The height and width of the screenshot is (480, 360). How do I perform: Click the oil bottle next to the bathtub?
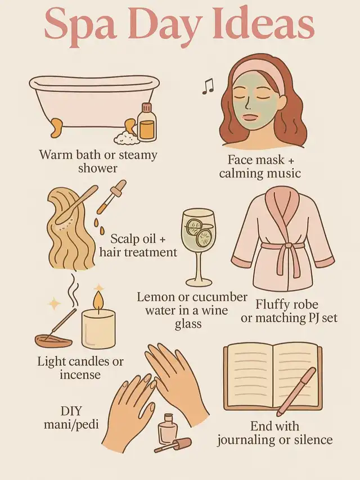(x=147, y=122)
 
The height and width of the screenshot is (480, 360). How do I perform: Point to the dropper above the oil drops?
(x=111, y=197)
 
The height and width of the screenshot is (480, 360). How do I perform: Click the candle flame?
(x=98, y=300)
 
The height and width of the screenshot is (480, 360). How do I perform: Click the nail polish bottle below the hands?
(x=167, y=428)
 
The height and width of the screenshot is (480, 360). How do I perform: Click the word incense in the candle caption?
(x=80, y=375)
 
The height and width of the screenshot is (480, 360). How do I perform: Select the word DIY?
(x=71, y=411)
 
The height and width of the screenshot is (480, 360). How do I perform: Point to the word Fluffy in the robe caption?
(x=272, y=305)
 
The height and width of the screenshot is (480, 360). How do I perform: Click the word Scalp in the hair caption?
(x=124, y=239)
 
